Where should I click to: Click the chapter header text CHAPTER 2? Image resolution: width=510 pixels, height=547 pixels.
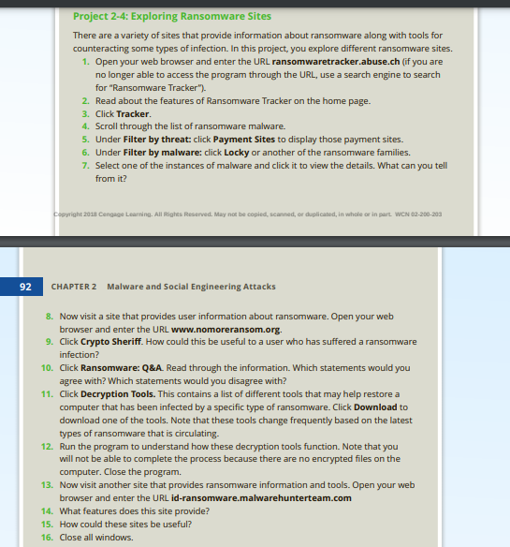(76, 286)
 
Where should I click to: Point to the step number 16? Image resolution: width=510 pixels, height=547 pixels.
(47, 538)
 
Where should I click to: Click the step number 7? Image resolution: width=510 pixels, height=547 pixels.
(85, 164)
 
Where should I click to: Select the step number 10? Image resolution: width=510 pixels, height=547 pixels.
(47, 369)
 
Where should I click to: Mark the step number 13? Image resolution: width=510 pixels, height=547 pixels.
(47, 484)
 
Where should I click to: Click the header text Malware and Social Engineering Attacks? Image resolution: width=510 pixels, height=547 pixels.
(191, 286)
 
